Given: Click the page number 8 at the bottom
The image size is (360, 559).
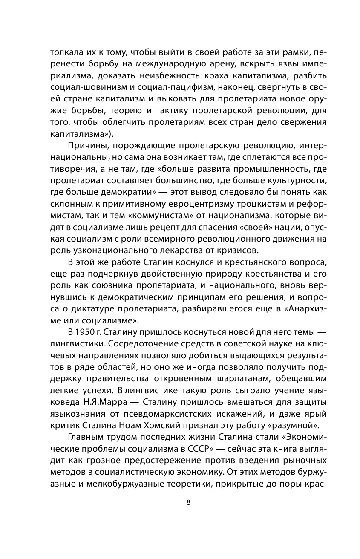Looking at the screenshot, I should click(188, 502).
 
